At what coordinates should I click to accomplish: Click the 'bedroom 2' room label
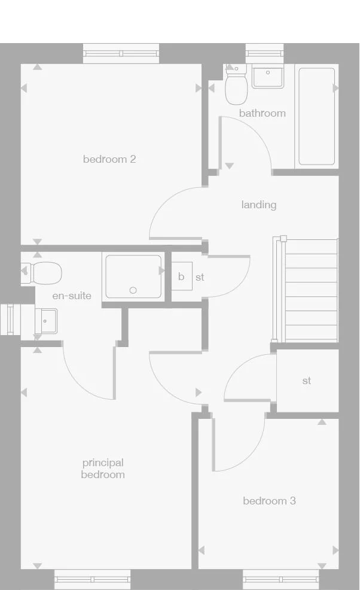[x=109, y=159]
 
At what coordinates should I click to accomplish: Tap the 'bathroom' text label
[x=262, y=113]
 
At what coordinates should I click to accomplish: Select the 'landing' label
[x=259, y=205]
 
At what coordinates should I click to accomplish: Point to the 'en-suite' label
[x=72, y=296]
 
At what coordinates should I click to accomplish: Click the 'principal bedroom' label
[x=103, y=469]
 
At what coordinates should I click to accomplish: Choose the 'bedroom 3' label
[x=269, y=501]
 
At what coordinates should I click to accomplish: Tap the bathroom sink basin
[x=267, y=77]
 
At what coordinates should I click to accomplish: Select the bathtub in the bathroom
[x=316, y=116]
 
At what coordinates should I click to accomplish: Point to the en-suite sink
[x=45, y=320]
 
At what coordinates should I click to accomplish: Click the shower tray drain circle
[x=133, y=290]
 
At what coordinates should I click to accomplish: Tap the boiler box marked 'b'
[x=181, y=277]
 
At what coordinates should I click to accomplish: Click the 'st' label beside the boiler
[x=200, y=277]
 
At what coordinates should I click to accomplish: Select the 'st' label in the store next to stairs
[x=307, y=381]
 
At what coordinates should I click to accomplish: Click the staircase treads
[x=311, y=290]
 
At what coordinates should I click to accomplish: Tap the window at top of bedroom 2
[x=121, y=53]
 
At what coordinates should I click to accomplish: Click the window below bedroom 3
[x=280, y=579]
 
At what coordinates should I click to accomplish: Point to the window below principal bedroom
[x=92, y=579]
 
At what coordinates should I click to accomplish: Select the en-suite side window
[x=9, y=320]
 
